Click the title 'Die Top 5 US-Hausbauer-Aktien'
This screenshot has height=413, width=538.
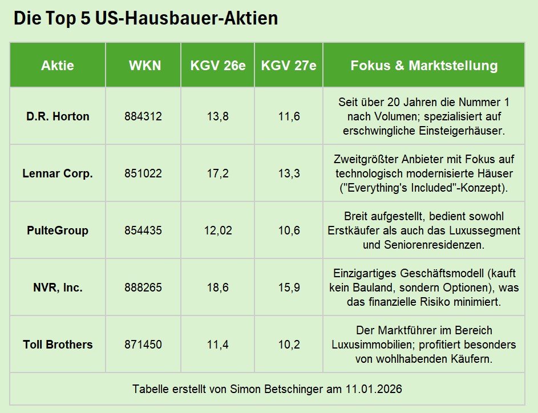(x=145, y=18)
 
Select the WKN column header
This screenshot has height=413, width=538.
(x=145, y=66)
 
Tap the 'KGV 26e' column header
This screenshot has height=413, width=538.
(x=218, y=66)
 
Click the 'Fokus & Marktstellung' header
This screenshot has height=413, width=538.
(x=424, y=66)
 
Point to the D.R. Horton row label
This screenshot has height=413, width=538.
(x=58, y=116)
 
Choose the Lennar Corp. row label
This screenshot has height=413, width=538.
(x=58, y=173)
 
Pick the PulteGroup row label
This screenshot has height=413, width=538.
(x=58, y=230)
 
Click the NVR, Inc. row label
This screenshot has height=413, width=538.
(x=58, y=288)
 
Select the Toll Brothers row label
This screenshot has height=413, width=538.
(x=58, y=345)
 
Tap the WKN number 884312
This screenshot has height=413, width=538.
(x=143, y=116)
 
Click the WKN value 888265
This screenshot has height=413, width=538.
(x=143, y=288)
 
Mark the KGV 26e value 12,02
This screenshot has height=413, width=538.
(x=218, y=230)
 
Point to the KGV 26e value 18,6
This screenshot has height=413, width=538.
(x=218, y=288)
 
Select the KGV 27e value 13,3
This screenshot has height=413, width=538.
(x=289, y=173)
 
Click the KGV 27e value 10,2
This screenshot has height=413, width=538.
(x=289, y=345)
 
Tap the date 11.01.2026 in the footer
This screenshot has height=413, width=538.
(x=373, y=390)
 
